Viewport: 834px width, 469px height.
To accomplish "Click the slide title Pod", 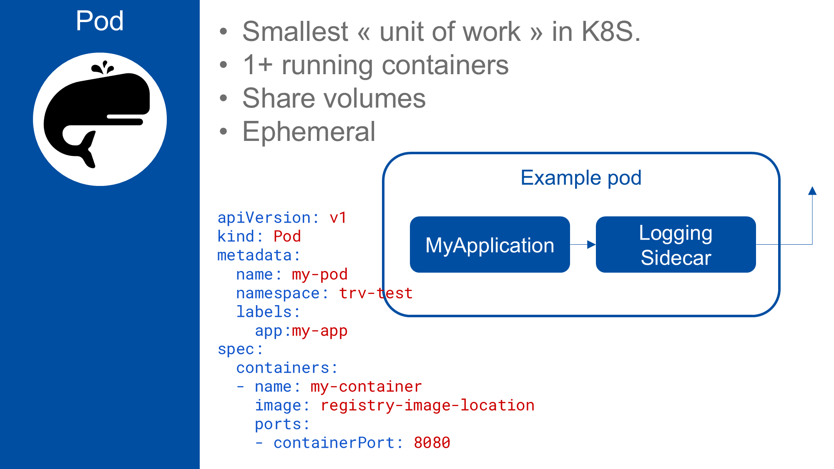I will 100,20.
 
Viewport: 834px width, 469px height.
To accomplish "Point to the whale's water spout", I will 103,68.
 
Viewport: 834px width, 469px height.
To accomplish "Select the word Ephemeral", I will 309,132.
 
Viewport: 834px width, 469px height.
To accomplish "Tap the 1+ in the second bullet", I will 257,65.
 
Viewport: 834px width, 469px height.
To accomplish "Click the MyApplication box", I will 490,245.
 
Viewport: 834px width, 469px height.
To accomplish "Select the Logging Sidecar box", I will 676,245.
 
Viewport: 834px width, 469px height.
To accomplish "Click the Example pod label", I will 580,178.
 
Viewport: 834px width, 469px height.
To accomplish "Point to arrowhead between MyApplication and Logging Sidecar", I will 591,245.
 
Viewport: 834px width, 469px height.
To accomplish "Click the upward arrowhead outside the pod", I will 812,191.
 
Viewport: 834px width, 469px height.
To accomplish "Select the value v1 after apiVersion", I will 338,218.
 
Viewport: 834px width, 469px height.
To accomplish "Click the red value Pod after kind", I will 287,236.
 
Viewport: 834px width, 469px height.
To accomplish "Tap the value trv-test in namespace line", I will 376,293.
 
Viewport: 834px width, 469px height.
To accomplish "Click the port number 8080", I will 432,443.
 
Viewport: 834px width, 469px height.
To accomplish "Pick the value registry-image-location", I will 427,405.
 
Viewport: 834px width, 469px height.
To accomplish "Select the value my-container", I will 366,386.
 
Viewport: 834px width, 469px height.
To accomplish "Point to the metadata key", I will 254,255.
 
